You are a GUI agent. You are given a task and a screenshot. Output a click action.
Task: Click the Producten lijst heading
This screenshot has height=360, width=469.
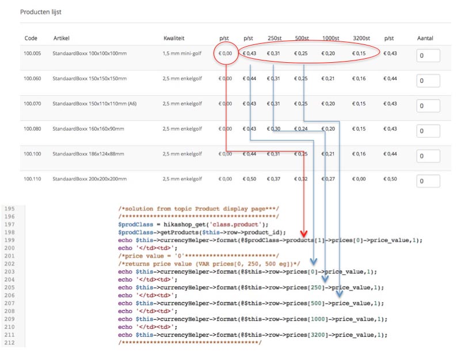click(40, 12)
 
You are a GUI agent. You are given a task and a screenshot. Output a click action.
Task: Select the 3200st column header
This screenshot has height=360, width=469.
click(362, 39)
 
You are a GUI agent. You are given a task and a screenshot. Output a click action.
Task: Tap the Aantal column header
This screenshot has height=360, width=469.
click(425, 39)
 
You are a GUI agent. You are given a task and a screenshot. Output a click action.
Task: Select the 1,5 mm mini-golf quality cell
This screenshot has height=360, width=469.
click(183, 54)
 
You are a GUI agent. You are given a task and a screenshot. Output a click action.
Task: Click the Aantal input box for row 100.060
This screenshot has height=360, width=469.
click(428, 81)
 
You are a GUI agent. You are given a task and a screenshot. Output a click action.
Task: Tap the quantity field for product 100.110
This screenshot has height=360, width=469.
click(428, 181)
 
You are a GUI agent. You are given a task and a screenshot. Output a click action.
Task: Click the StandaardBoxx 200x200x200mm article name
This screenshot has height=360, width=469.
click(89, 179)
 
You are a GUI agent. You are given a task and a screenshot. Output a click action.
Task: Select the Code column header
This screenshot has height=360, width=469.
click(30, 39)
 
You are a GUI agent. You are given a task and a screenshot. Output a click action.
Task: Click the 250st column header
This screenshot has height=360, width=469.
click(274, 39)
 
